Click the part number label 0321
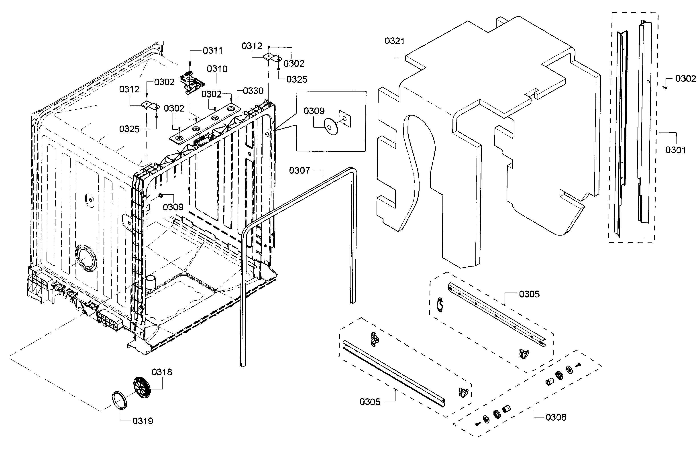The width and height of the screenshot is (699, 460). pos(394,41)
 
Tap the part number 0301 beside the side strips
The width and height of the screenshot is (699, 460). pos(675,150)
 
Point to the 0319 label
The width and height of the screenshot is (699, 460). pos(143,421)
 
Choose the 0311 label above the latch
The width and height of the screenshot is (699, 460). pos(213,51)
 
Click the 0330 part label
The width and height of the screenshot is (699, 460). pos(253,91)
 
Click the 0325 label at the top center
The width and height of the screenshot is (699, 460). pos(297,79)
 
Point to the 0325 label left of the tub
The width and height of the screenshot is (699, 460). pos(129,129)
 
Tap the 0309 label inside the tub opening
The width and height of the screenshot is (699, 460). pos(173,207)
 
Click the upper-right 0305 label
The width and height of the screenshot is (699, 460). pos(529,294)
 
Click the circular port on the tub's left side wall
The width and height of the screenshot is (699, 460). pos(85,258)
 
